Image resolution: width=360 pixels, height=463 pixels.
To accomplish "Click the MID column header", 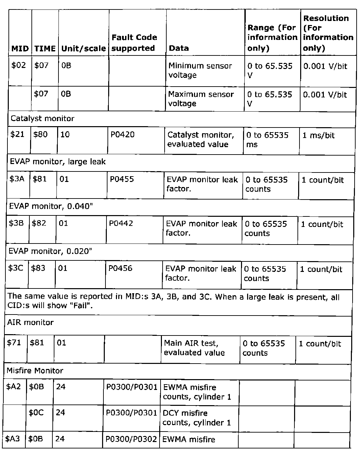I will click(x=20, y=48).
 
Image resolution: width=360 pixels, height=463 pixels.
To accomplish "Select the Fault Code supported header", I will click(x=134, y=43).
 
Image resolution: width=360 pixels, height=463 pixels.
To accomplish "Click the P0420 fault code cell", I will click(x=122, y=135).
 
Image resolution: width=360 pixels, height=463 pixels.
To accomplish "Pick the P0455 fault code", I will click(x=122, y=179).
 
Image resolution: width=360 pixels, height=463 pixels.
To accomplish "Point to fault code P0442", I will click(x=121, y=223).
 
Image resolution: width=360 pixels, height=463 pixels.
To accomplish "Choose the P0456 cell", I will click(x=120, y=268).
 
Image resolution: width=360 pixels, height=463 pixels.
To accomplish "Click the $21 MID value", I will click(x=18, y=134).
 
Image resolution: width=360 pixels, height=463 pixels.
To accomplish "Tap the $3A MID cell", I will click(x=17, y=179).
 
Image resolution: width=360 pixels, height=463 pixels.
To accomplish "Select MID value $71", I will click(x=14, y=343).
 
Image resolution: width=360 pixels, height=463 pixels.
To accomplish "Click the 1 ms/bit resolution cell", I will click(x=318, y=136).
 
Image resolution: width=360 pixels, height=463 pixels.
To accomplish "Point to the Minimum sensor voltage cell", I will click(x=200, y=70).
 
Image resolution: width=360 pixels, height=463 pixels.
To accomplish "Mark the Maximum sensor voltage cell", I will click(x=201, y=99).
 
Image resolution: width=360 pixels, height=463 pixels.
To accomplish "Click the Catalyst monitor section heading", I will click(x=42, y=118).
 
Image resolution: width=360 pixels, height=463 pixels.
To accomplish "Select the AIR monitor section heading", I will click(x=30, y=322).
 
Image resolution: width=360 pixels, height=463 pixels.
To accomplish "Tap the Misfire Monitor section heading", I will click(x=35, y=371).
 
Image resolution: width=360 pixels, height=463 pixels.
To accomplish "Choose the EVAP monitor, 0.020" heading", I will click(x=50, y=251).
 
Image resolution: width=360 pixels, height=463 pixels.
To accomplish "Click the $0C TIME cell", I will click(x=36, y=413).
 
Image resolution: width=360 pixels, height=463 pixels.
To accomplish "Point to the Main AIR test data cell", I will click(x=194, y=348).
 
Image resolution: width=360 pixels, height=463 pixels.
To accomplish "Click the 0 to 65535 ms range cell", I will click(x=267, y=140).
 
